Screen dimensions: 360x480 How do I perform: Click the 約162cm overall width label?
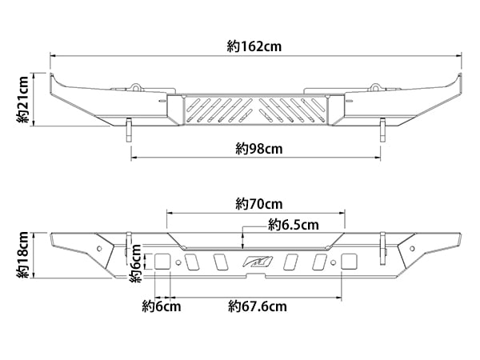pyautogui.click(x=254, y=47)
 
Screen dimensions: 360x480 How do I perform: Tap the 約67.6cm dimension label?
pyautogui.click(x=257, y=305)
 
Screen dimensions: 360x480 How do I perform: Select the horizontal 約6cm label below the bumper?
pyautogui.click(x=161, y=305)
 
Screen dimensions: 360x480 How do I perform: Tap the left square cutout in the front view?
pyautogui.click(x=162, y=262)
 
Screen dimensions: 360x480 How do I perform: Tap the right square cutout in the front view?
pyautogui.click(x=349, y=262)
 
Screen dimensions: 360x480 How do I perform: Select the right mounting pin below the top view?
pyautogui.click(x=384, y=130)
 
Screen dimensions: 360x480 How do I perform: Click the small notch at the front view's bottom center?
pyautogui.click(x=255, y=277)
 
